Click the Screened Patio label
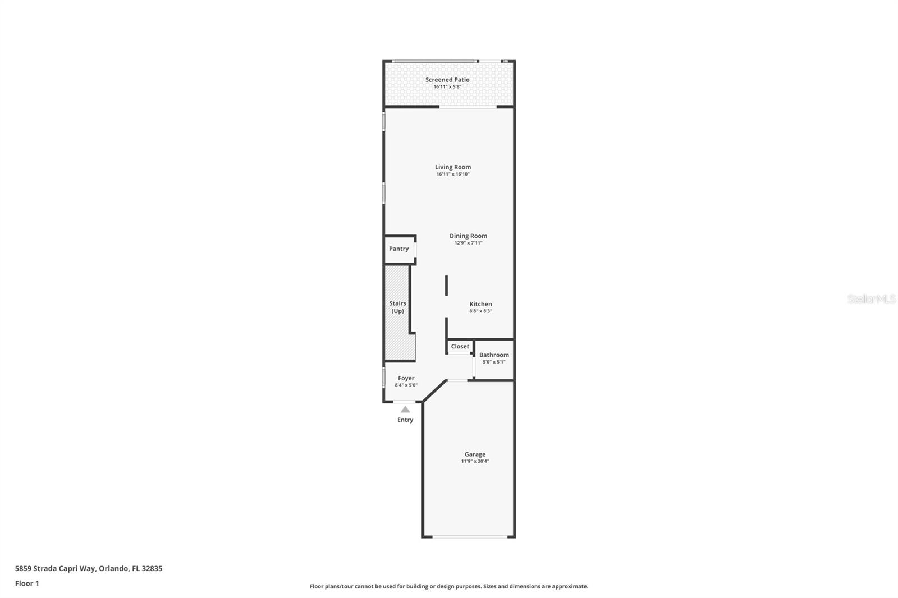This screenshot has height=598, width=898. (447, 79)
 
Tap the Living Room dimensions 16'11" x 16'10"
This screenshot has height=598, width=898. (453, 174)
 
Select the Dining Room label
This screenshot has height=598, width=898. (468, 236)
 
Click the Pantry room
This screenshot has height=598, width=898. (399, 249)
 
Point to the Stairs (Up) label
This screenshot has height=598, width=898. (398, 307)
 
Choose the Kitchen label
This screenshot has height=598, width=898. (480, 304)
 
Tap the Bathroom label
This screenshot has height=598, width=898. (494, 355)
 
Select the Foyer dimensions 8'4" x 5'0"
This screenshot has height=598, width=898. (406, 385)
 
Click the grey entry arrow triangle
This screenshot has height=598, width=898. (405, 409)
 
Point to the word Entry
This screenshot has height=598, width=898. (405, 420)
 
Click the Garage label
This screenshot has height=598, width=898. (475, 454)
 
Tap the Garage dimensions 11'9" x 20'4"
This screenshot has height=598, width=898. (475, 461)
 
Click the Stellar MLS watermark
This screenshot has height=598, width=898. (871, 298)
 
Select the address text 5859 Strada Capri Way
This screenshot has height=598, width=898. (55, 568)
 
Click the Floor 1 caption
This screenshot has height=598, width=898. (28, 583)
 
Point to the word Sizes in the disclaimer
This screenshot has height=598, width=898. (489, 586)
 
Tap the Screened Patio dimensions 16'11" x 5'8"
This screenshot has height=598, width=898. (447, 86)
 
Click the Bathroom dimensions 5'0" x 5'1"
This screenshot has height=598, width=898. (494, 362)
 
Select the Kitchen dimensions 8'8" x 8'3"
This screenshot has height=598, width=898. (480, 311)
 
